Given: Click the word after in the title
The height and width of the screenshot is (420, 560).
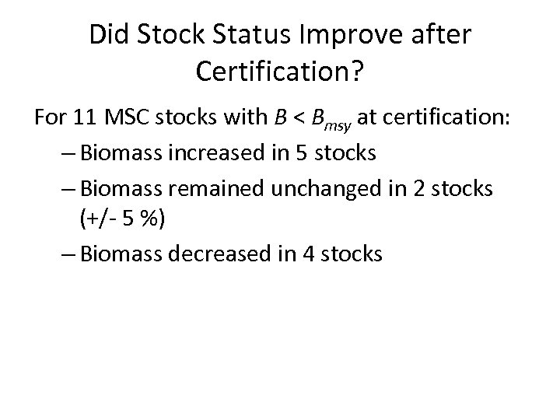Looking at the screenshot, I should click(443, 35).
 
